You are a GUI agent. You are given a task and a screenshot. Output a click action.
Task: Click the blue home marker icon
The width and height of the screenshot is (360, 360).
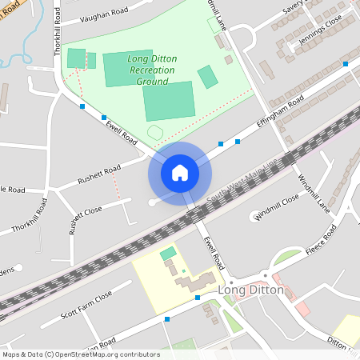180,172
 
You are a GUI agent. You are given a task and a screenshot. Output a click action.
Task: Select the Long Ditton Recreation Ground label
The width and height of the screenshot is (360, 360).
150,70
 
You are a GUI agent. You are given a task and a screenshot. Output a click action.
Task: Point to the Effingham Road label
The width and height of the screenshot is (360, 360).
279,113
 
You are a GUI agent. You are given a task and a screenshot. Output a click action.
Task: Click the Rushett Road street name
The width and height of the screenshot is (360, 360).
99,174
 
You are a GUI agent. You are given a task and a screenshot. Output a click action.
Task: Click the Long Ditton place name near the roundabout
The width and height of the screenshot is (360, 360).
250,290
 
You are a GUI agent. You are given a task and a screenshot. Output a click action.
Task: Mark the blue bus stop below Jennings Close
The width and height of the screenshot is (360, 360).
346,63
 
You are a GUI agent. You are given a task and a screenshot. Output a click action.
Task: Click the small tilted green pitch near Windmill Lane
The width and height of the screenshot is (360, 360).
207,78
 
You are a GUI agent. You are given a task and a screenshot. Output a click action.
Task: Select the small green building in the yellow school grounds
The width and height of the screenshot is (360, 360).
168,254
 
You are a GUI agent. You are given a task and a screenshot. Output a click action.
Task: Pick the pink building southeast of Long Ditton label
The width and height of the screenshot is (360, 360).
302,309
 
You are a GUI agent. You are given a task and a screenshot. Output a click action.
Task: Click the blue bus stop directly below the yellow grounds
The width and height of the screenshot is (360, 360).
197,298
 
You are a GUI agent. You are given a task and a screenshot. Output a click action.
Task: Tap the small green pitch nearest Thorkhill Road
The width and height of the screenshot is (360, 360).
76,58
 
